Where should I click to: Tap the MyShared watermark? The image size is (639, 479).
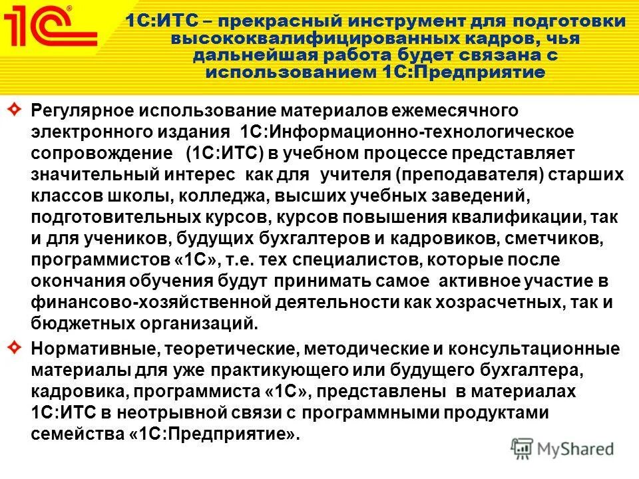click(562, 448)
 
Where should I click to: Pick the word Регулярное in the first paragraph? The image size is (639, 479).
click(74, 110)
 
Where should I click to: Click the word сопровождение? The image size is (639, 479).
click(100, 153)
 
